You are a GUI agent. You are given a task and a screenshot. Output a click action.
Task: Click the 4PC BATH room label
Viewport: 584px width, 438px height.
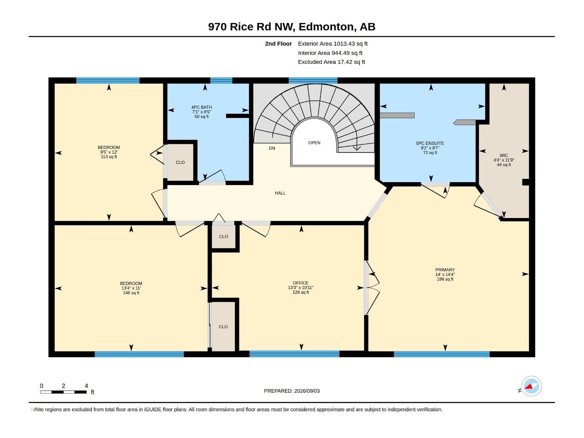tap(201, 107)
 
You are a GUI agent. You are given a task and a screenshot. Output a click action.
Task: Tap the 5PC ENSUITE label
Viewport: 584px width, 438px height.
tap(430, 143)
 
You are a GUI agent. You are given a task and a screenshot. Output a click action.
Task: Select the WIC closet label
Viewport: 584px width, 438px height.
tap(504, 155)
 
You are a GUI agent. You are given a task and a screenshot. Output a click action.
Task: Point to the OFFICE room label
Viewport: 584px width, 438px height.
tap(301, 283)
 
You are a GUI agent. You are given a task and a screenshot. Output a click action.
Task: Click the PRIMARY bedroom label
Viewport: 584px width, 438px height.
tap(445, 270)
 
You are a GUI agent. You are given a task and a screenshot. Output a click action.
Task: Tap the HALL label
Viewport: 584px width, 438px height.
tap(280, 193)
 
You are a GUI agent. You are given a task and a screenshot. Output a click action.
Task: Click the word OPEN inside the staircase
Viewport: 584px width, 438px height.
tap(314, 143)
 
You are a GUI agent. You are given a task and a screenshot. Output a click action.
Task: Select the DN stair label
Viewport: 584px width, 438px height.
tap(272, 148)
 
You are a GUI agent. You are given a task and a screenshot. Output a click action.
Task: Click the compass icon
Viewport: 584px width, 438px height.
tap(531, 386)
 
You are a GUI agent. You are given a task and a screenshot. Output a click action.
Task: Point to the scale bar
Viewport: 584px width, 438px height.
tap(63, 392)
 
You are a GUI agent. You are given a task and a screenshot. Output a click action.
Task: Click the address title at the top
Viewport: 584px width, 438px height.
tap(292, 27)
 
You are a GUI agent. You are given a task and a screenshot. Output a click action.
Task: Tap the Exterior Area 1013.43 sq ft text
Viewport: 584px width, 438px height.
tap(333, 43)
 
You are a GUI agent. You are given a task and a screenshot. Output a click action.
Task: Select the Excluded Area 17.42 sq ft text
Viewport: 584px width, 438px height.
tap(331, 62)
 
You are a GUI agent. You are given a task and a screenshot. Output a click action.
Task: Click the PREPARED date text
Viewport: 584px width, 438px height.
tap(292, 391)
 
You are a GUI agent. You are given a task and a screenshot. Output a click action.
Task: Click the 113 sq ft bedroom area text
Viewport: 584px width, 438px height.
tap(109, 157)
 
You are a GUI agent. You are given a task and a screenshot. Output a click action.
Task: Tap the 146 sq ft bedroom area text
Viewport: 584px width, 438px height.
tap(131, 293)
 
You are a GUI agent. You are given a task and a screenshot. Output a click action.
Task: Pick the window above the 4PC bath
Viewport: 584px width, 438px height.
tap(221, 80)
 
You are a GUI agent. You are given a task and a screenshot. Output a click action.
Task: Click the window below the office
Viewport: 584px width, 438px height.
tap(294, 354)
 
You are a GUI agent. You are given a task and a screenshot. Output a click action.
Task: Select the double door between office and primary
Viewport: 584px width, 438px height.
tap(372, 288)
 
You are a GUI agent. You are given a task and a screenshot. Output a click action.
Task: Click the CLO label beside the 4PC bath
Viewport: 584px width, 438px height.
tap(180, 162)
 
